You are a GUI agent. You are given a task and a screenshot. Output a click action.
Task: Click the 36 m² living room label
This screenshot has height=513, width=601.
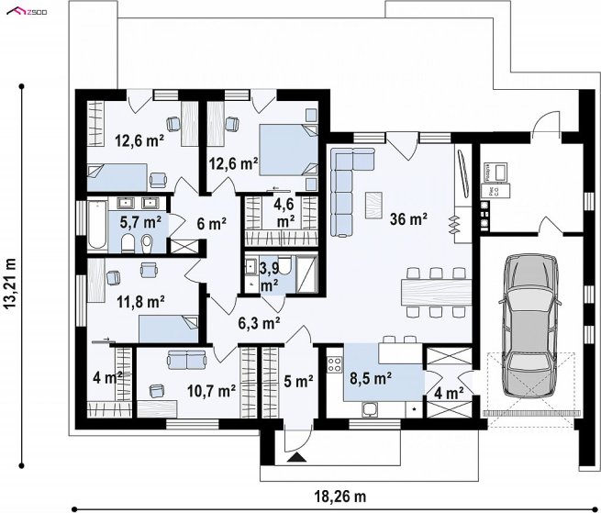[408, 219]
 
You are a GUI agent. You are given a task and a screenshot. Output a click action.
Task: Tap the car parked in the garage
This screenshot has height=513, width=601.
[530, 325]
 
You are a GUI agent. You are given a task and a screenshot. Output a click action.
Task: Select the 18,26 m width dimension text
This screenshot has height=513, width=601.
[340, 496]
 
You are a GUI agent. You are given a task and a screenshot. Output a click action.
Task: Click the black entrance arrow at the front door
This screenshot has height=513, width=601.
[296, 457]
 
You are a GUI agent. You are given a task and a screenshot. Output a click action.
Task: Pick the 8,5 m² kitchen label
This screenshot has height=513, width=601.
[371, 378]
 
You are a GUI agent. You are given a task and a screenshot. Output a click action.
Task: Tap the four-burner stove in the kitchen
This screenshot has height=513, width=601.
[335, 364]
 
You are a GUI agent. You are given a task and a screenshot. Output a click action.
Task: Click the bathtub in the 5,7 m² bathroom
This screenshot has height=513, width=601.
[96, 225]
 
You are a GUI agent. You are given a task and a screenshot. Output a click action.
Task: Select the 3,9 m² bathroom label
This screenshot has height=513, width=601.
[270, 276]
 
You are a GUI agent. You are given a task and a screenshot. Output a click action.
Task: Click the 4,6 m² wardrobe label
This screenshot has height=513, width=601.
[284, 212]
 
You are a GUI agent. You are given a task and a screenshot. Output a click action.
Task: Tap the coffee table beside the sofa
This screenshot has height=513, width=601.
[373, 206]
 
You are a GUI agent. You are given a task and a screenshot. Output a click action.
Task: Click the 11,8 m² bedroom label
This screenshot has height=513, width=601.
[140, 301]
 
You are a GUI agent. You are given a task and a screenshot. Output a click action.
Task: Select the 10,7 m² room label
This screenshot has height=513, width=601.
[211, 391]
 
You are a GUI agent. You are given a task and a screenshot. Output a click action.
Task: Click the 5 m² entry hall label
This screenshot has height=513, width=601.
[298, 381]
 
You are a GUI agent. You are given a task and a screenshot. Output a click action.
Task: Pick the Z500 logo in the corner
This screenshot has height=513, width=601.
[27, 12]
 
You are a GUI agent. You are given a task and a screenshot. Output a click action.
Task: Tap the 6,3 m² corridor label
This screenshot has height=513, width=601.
[259, 323]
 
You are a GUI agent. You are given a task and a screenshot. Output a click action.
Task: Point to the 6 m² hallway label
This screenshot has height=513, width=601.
[212, 223]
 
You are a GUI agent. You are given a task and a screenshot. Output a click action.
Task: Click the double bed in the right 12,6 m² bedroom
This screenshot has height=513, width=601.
[288, 150]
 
